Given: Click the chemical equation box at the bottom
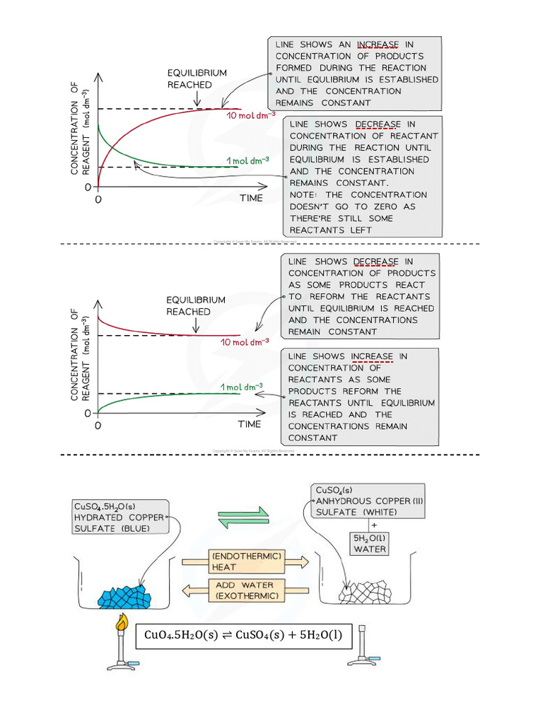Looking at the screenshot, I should tap(243, 635).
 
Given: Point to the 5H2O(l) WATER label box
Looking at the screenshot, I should tap(370, 542).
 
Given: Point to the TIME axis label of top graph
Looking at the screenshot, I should tap(250, 198).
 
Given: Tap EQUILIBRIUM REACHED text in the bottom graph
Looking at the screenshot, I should tap(196, 305).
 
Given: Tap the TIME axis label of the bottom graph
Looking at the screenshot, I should tap(249, 424).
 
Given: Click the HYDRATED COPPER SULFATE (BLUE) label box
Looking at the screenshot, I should tap(119, 518).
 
